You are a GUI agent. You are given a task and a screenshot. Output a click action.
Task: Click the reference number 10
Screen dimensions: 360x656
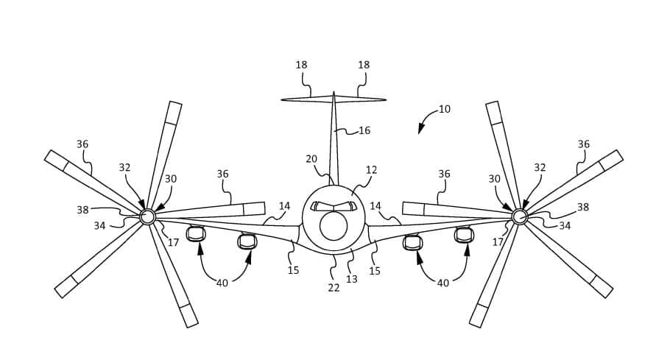tap(444, 109)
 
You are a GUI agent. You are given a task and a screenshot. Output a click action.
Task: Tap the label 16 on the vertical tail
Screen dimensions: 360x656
tap(364, 131)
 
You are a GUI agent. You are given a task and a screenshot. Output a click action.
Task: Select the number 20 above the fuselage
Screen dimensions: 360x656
tap(311, 159)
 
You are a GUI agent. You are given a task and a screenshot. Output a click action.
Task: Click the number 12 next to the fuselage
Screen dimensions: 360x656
tap(371, 170)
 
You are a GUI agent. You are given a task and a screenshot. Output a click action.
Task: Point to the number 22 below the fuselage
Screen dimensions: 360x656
tap(334, 288)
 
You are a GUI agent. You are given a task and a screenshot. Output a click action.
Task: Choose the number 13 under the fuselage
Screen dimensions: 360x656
tap(352, 279)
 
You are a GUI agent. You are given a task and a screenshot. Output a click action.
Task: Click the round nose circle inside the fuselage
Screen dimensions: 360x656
tap(334, 226)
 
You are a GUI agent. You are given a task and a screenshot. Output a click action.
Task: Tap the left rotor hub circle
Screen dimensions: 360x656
tap(147, 216)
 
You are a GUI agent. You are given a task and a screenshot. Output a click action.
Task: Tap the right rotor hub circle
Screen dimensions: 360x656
tap(519, 216)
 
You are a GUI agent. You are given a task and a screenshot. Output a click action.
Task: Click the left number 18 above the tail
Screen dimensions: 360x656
tap(301, 65)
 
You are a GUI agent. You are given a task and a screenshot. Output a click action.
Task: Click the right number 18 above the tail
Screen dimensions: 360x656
tap(364, 65)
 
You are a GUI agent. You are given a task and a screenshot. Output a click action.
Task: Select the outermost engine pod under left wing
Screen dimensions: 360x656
tap(196, 235)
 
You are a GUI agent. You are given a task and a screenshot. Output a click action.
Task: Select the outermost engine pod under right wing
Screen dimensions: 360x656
tap(464, 235)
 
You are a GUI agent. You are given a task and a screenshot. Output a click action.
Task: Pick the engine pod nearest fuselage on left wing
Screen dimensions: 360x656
tap(247, 241)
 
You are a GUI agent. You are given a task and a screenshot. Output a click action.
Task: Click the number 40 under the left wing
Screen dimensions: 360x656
tap(222, 283)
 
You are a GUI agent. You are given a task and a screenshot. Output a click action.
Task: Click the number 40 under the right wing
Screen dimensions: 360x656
tap(443, 283)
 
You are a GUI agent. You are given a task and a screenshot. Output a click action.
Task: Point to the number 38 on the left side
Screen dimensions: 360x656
tap(82, 210)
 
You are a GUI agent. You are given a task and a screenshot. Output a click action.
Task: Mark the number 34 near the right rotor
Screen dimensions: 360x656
tap(565, 226)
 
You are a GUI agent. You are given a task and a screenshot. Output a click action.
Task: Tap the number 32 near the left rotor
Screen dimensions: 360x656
tap(124, 168)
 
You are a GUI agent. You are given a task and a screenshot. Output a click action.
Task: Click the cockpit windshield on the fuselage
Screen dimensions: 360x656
tap(334, 207)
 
